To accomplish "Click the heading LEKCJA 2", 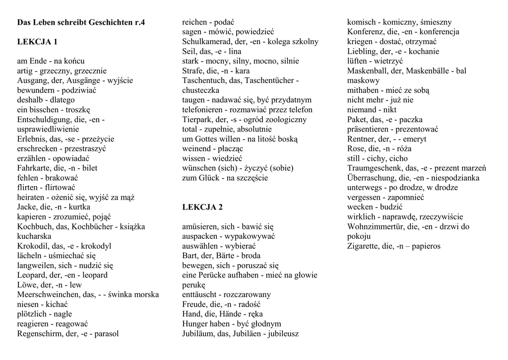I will click(x=202, y=207).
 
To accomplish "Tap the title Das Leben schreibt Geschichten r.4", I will click(x=81, y=22).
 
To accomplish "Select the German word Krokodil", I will click(x=32, y=246).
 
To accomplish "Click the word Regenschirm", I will click(x=40, y=334).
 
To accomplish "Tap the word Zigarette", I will click(x=365, y=246).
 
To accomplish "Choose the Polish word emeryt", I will click(x=414, y=139).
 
